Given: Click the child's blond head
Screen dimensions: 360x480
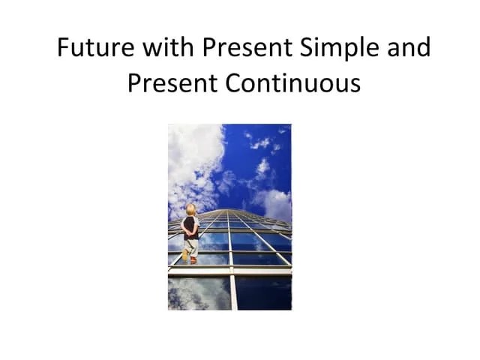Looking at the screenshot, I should tap(191, 209).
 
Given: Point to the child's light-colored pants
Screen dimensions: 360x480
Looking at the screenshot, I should tap(191, 244).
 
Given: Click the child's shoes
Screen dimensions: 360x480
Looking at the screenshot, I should tap(191, 259).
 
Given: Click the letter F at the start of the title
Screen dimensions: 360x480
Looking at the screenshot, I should tap(64, 48).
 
